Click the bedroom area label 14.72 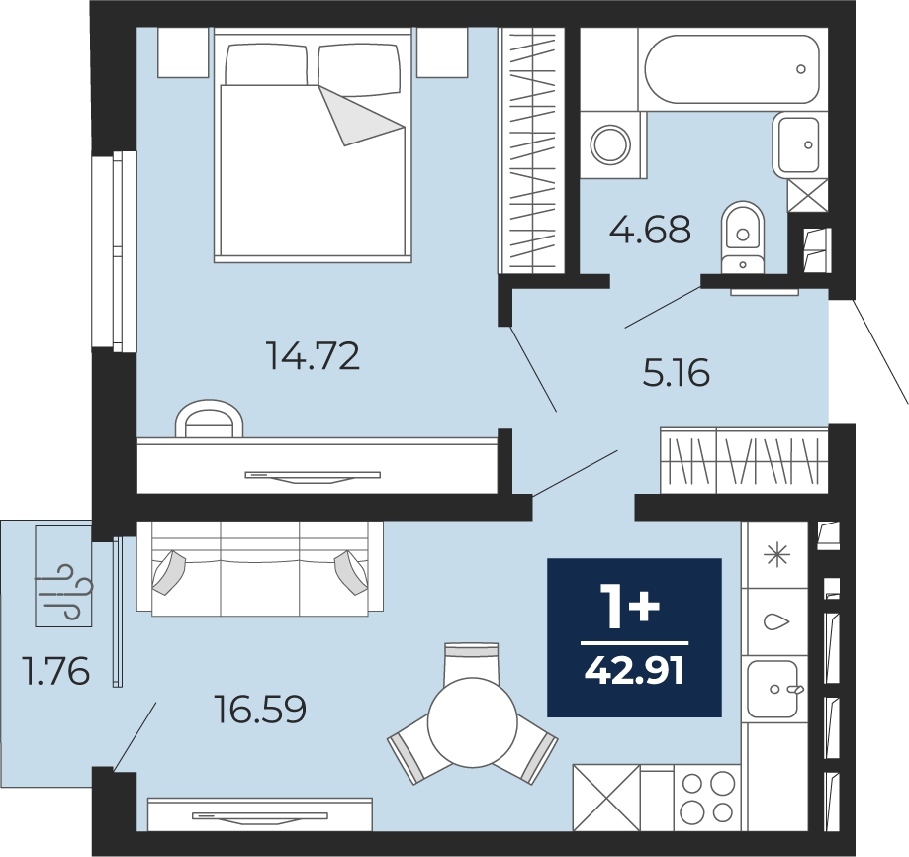[x=313, y=355]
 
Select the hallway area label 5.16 [x=676, y=372]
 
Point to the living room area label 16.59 [x=260, y=709]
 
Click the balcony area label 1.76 [x=55, y=670]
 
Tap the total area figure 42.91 [x=634, y=672]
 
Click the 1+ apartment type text [x=630, y=606]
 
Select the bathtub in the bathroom [x=732, y=69]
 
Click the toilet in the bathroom [x=743, y=237]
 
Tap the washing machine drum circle [x=610, y=143]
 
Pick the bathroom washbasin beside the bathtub [x=799, y=144]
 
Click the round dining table [x=472, y=722]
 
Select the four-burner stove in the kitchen [x=707, y=799]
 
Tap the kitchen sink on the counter [x=773, y=689]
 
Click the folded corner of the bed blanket [x=359, y=116]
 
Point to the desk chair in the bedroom [x=209, y=418]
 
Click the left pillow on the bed [x=265, y=65]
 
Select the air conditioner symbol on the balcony [x=63, y=592]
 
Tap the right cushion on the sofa [x=350, y=572]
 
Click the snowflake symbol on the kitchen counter [x=777, y=555]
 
